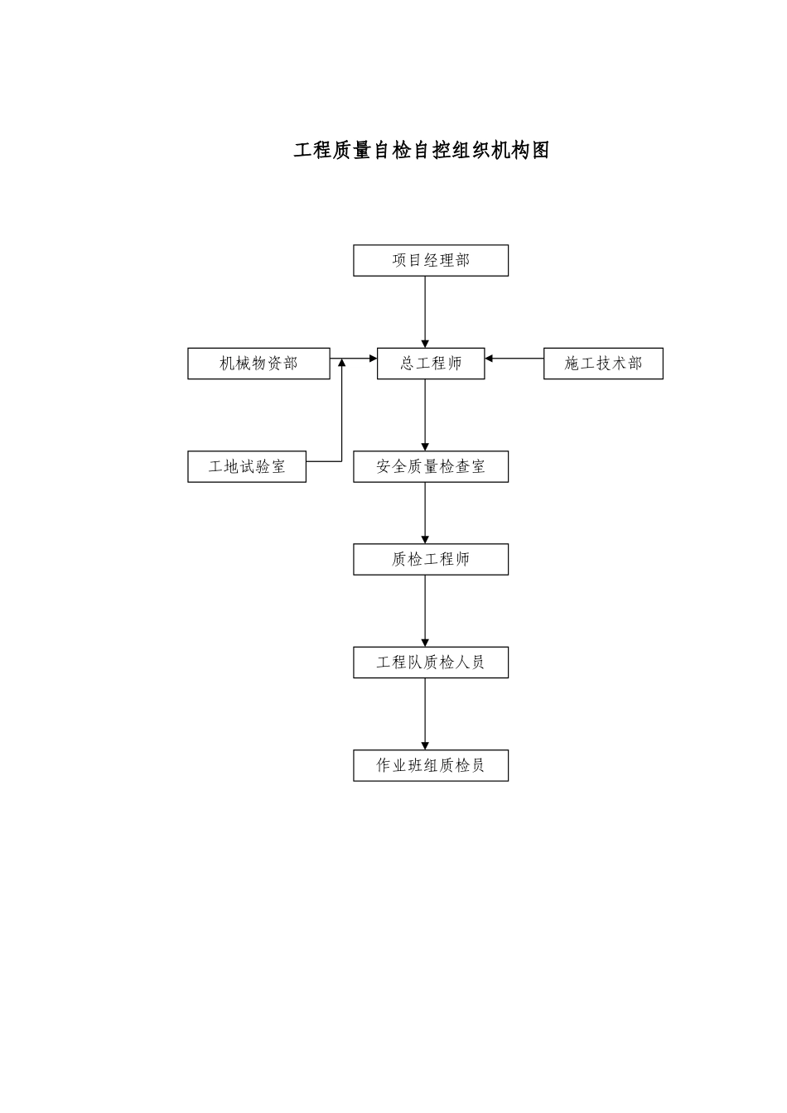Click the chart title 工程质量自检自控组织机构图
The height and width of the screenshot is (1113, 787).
421,151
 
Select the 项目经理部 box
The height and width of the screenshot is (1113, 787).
431,261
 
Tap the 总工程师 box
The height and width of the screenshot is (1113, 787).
431,364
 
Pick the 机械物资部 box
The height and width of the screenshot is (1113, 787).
258,364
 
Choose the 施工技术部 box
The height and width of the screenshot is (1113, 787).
603,364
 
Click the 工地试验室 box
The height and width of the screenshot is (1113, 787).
247,467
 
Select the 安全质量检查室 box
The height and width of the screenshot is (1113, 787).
431,467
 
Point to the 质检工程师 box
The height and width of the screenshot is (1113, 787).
431,560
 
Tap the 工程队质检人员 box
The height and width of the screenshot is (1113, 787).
431,662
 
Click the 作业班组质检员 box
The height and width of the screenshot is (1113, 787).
431,765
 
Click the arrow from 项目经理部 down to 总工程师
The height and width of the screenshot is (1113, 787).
426,311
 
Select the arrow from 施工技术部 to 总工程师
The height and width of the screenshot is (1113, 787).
514,359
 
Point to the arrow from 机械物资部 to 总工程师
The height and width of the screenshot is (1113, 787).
354,359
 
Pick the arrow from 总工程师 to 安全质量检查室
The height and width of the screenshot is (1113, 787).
426,414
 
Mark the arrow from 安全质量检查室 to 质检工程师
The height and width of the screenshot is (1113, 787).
426,513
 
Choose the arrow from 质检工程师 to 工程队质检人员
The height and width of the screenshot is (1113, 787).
426,610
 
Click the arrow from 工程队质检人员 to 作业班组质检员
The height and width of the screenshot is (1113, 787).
426,714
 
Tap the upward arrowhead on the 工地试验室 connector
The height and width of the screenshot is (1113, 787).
342,364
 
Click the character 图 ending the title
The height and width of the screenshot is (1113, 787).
540,151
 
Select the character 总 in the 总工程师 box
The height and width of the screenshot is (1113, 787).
408,364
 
